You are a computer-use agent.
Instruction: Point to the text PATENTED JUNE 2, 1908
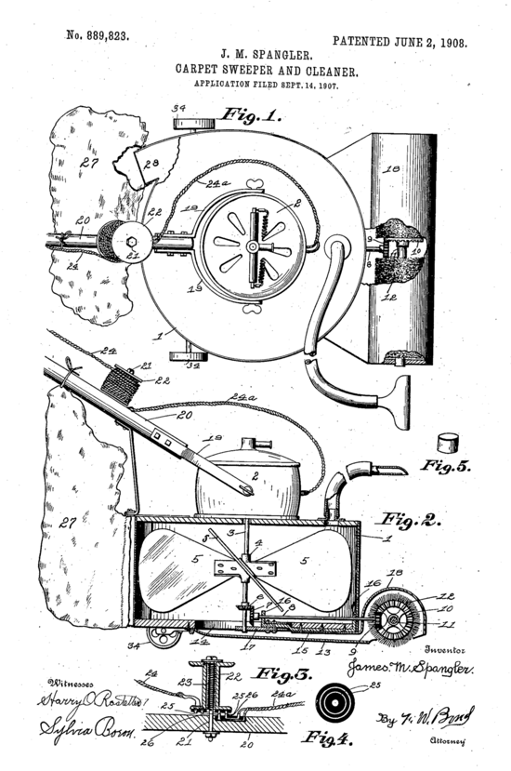coord(400,42)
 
